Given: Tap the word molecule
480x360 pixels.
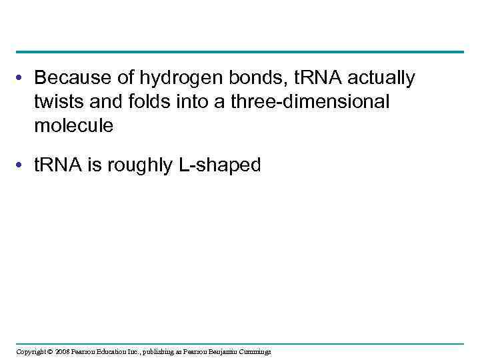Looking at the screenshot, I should pos(74,125).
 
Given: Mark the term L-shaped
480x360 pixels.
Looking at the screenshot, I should pos(219,165).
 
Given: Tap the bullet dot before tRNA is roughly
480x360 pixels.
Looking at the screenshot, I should pos(22,166).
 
